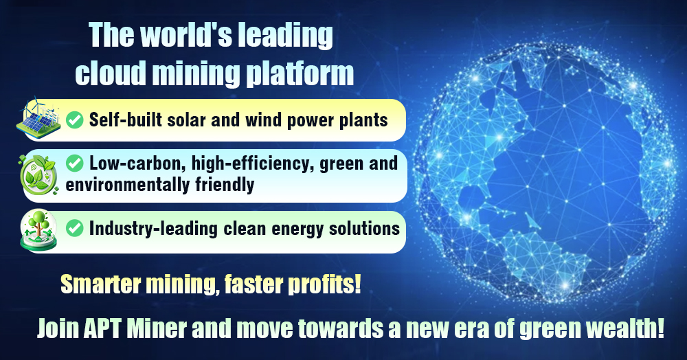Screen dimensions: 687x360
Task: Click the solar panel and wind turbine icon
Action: [x=38, y=116]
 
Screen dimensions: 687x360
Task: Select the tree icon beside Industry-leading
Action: [x=38, y=230]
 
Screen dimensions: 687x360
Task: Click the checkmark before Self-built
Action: [x=74, y=120]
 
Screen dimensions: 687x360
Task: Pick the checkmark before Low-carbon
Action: [x=74, y=164]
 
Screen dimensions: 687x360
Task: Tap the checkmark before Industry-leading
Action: [x=74, y=228]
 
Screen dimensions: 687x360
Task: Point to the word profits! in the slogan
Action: [x=324, y=284]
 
